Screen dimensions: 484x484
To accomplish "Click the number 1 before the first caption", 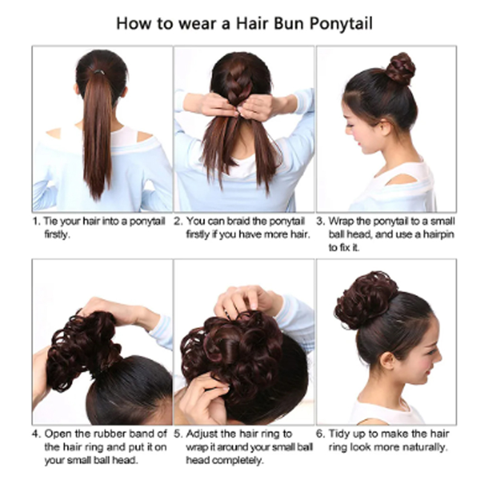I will point(36,221).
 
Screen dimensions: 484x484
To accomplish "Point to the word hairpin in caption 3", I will point(434,234).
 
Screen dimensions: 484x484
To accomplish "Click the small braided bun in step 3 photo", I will point(401,68).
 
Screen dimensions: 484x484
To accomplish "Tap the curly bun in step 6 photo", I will point(366,299).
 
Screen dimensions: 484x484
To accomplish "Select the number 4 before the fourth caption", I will point(36,434).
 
